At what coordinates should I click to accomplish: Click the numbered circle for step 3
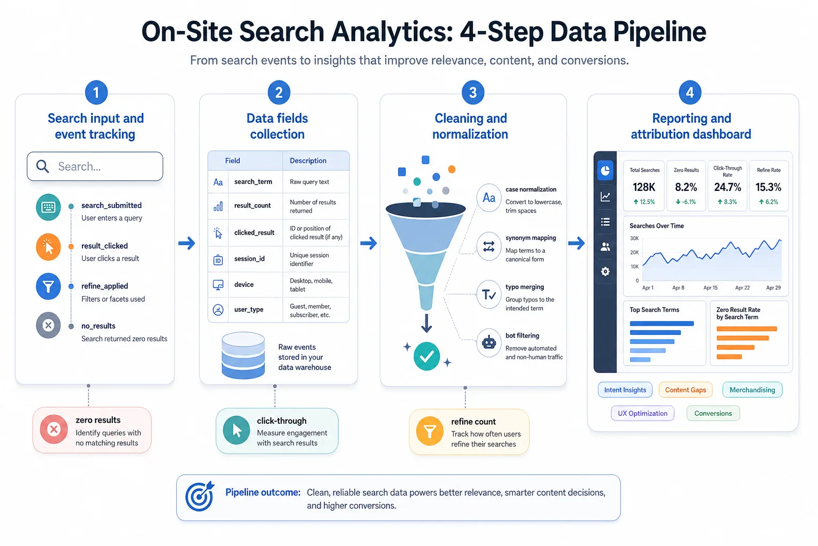tap(472, 93)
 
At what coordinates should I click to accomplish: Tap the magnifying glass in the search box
tap(43, 166)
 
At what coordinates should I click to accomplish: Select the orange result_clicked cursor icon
tap(48, 247)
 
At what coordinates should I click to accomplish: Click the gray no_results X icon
tap(48, 325)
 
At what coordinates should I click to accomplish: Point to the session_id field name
tap(249, 259)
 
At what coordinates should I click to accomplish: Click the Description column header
tap(308, 160)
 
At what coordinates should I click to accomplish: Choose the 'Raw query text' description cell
tap(309, 182)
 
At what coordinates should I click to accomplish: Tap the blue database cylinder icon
tap(243, 355)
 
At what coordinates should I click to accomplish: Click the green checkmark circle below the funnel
tap(427, 356)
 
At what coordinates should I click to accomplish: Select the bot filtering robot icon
tap(488, 343)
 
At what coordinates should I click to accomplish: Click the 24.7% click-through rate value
tap(727, 187)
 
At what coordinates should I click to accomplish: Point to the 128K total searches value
tap(644, 187)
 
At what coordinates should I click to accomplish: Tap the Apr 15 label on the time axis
tap(710, 288)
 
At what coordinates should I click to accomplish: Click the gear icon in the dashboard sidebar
tap(605, 271)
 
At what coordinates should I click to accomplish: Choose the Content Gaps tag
tap(685, 390)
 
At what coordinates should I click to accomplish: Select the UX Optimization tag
tap(642, 413)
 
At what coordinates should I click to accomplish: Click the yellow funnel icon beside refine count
tap(429, 431)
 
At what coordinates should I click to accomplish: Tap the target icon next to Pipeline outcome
tap(199, 496)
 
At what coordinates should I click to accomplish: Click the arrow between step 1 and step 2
tap(186, 243)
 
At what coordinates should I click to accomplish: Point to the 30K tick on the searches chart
tap(634, 238)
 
